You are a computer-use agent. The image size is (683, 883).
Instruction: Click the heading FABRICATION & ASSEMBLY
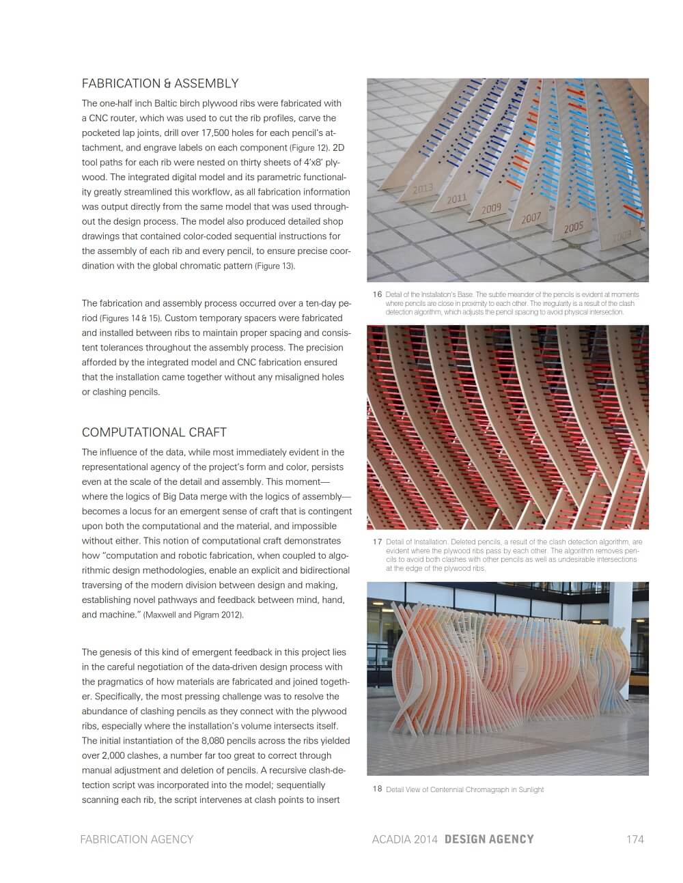[160, 84]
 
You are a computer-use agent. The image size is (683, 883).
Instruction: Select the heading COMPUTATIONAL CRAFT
[154, 432]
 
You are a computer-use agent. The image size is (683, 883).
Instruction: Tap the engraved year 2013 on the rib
[423, 188]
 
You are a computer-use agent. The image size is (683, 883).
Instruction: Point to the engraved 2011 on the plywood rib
[456, 199]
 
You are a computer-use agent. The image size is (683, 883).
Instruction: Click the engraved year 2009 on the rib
[491, 208]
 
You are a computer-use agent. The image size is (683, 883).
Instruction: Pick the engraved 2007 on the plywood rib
[531, 219]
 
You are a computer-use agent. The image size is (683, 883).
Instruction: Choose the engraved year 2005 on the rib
[573, 227]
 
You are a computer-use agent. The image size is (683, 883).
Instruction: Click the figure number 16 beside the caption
[377, 294]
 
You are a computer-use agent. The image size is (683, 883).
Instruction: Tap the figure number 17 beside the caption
[377, 542]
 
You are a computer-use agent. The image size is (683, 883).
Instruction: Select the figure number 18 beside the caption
[377, 789]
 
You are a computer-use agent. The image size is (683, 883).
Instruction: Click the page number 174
[635, 839]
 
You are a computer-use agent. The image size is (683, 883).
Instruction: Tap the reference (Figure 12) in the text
[309, 148]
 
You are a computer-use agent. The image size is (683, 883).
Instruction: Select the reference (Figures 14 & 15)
[130, 318]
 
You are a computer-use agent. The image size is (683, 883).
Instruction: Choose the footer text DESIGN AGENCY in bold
[489, 839]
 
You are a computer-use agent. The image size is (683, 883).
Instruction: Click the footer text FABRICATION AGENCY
[137, 839]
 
